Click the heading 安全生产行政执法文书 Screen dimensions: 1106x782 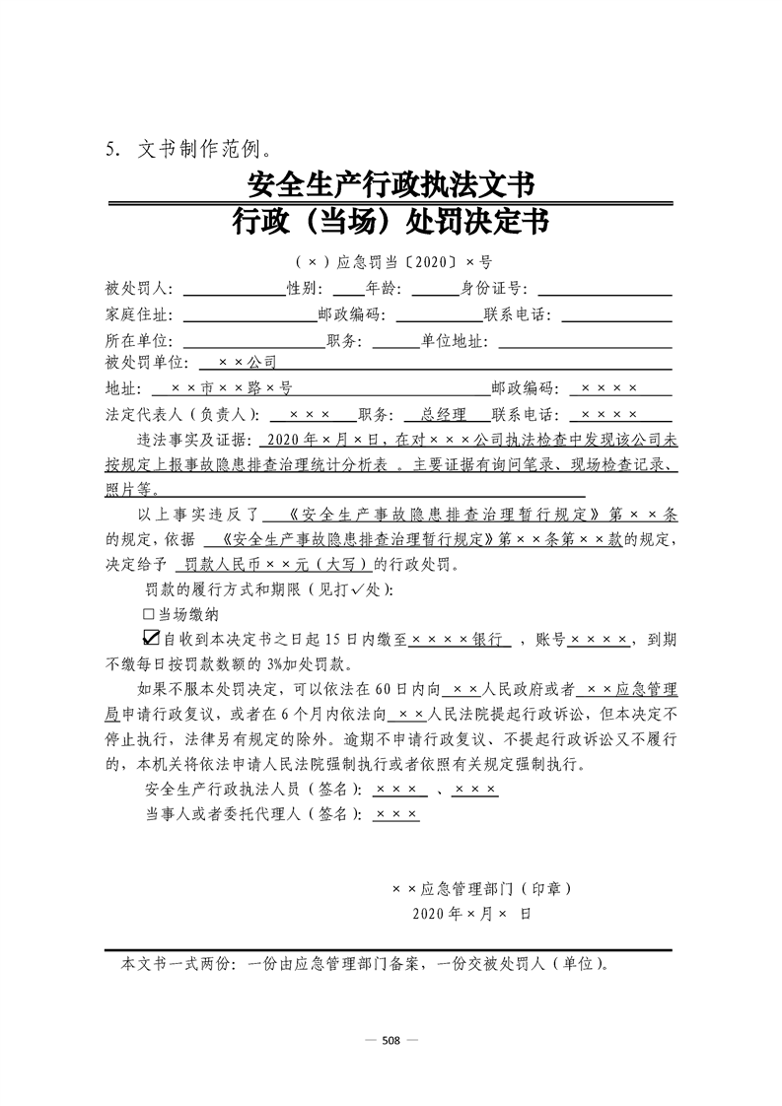[x=391, y=184]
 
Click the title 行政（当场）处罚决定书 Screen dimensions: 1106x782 [x=391, y=225]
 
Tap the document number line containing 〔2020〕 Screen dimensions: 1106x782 [x=391, y=262]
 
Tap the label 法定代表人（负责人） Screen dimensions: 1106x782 [x=182, y=415]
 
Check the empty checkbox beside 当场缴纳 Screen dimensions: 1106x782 [x=149, y=614]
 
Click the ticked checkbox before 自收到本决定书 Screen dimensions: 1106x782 [x=151, y=638]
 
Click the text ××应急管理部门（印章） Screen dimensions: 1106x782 [x=481, y=888]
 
